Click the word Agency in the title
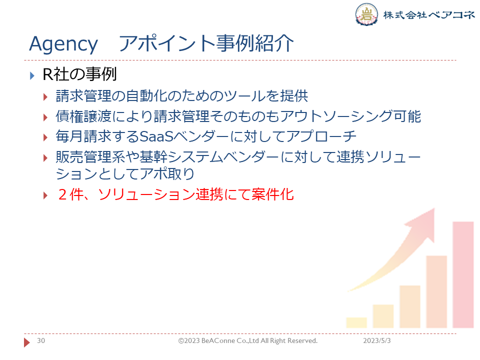click(63, 44)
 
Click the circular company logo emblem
click(366, 14)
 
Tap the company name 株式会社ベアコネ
click(429, 14)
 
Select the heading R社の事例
click(79, 74)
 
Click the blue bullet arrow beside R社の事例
click(32, 75)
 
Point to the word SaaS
click(156, 136)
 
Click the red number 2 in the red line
click(62, 194)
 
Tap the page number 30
click(41, 340)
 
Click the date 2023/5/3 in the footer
click(377, 340)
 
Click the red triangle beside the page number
click(27, 342)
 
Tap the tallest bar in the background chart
click(463, 274)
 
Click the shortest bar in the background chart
click(356, 322)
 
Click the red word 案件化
click(273, 194)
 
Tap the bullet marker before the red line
click(45, 195)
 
